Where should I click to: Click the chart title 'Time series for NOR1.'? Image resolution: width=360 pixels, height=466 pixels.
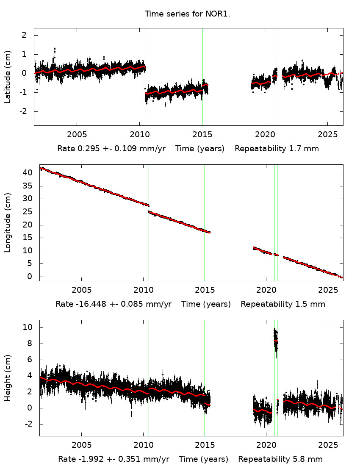pyautogui.click(x=187, y=14)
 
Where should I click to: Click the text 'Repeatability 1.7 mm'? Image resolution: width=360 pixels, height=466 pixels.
pyautogui.click(x=277, y=149)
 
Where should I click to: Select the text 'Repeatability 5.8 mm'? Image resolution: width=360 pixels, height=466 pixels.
pyautogui.click(x=280, y=459)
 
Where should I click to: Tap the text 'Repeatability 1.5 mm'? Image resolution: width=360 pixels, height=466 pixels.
pyautogui.click(x=283, y=304)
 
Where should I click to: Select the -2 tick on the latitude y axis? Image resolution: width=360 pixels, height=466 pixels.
pyautogui.click(x=24, y=111)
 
